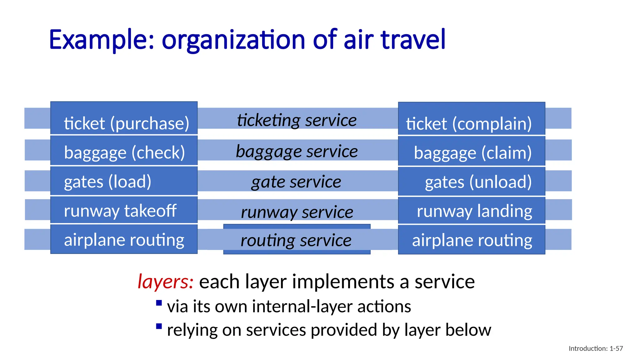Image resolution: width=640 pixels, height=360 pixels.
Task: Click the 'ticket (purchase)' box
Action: tap(124, 118)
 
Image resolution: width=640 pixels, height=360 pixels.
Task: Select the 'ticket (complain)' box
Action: tap(471, 119)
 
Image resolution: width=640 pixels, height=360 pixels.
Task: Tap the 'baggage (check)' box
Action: tap(124, 150)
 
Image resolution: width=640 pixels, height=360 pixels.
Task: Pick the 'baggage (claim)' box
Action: tap(471, 151)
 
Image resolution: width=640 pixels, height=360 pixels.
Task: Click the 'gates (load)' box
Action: tap(124, 181)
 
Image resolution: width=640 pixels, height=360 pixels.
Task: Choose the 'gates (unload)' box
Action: tap(471, 182)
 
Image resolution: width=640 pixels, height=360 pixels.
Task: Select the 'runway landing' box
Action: tap(471, 210)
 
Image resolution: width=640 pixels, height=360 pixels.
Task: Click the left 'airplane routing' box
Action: tap(124, 239)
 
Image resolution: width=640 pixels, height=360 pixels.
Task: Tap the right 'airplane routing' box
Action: tap(471, 240)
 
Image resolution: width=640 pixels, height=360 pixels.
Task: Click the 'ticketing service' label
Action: tap(297, 120)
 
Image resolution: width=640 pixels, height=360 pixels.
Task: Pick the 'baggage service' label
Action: tap(297, 152)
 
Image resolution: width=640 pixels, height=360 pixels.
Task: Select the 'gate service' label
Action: tap(296, 182)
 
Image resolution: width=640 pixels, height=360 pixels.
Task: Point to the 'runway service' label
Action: tap(297, 212)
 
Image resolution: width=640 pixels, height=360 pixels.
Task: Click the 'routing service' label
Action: tap(296, 240)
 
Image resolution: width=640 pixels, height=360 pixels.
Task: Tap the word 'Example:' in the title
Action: tap(102, 40)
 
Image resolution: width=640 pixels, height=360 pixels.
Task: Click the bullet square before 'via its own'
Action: tap(159, 303)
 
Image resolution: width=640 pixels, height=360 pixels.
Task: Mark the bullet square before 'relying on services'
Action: tap(159, 327)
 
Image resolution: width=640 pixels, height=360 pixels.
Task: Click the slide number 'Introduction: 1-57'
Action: tap(596, 348)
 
